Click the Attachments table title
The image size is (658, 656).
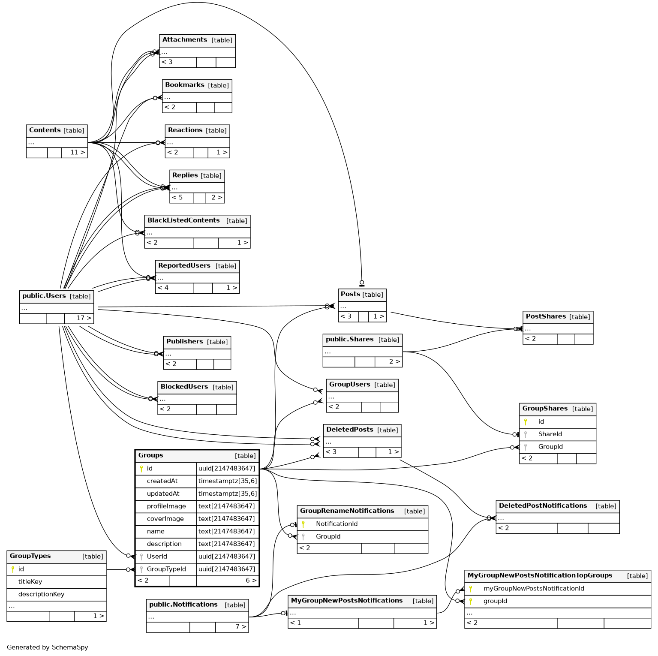tap(185, 40)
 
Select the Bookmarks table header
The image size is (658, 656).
tap(185, 85)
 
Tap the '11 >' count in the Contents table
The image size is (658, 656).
tap(77, 152)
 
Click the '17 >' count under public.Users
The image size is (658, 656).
tap(84, 318)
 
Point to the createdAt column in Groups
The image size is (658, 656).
tap(162, 481)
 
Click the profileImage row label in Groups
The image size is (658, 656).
tap(166, 506)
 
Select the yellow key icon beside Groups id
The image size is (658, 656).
tap(141, 469)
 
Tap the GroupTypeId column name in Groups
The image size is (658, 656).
tap(166, 569)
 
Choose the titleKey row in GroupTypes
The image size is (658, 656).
tap(30, 582)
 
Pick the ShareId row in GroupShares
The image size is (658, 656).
tap(550, 434)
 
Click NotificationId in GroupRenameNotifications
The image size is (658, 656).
tap(337, 524)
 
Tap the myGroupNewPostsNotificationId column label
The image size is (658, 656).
tap(534, 589)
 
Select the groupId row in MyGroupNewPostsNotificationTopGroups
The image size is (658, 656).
tap(495, 601)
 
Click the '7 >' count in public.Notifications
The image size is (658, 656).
tap(240, 627)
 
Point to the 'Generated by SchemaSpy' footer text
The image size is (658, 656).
tap(47, 647)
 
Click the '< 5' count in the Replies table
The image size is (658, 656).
tap(177, 198)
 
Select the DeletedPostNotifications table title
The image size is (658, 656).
tap(543, 506)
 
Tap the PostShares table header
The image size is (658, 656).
tap(546, 316)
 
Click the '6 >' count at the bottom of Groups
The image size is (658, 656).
tap(251, 581)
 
